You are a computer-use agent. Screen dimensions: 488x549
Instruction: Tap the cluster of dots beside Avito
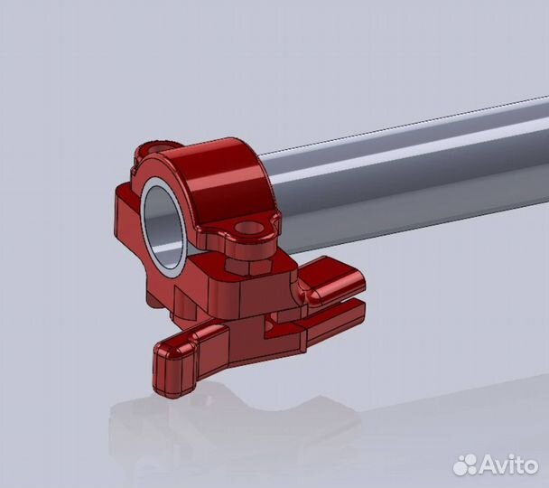pos(464,465)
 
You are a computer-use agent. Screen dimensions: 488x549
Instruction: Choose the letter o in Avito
pos(532,465)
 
